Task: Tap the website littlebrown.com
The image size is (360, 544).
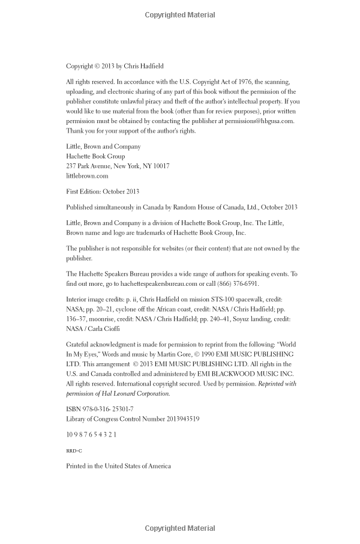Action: pyautogui.click(x=87, y=176)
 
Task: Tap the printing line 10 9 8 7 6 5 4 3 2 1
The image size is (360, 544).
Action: pyautogui.click(x=91, y=435)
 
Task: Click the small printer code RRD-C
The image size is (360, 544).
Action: pyautogui.click(x=74, y=451)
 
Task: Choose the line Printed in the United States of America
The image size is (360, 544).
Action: pyautogui.click(x=118, y=466)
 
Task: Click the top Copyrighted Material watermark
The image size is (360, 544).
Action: pyautogui.click(x=180, y=15)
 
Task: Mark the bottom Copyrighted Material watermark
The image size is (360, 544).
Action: pyautogui.click(x=180, y=529)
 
